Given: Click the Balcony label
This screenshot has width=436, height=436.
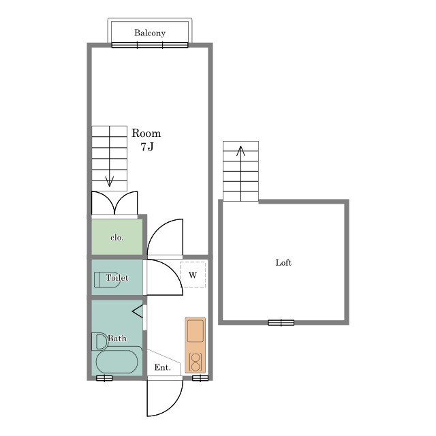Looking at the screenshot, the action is coord(150,33).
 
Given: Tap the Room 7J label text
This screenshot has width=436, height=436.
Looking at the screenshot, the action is coord(146,140).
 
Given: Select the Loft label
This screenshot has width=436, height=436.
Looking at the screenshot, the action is coord(283,262).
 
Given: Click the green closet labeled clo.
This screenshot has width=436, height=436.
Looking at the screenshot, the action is coord(117,237).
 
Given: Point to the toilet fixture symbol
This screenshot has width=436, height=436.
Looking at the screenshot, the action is coord(107,279).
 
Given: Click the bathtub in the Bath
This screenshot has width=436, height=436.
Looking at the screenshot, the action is coord(116,362).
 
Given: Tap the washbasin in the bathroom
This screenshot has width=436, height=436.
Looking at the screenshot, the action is coord(99,341).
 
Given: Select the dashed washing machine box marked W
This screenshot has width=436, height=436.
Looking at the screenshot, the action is coord(193,275).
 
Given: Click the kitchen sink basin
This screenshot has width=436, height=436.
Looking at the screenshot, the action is coord(196,331).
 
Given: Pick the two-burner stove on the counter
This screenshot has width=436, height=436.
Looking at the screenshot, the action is coord(196,362).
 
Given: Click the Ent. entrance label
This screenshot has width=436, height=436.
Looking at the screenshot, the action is coord(163,368).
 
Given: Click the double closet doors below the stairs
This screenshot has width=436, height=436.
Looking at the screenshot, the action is coord(114,203).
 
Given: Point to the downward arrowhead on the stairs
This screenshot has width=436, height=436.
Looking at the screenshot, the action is coord(109,181).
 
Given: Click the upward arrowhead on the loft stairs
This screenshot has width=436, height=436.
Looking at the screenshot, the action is coord(240,151).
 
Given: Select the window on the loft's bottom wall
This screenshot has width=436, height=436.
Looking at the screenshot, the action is coord(281,322).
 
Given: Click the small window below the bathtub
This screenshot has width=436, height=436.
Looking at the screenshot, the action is coord(104,378).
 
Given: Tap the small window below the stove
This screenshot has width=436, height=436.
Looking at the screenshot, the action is coord(200,378).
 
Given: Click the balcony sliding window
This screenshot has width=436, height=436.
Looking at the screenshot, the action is coord(150,45).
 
